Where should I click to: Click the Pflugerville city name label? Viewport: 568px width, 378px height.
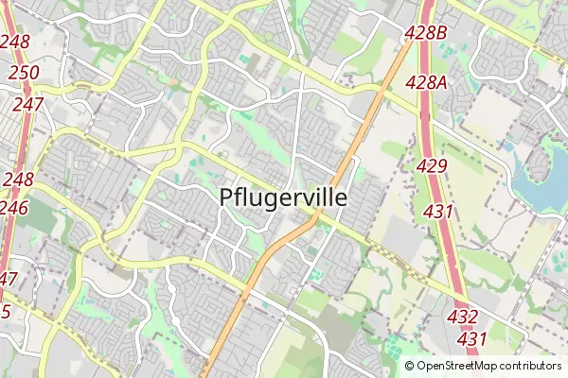(283, 198)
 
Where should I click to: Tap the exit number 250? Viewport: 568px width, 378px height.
(25, 73)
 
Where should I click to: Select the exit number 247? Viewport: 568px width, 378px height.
(27, 104)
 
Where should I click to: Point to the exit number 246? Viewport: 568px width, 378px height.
(15, 207)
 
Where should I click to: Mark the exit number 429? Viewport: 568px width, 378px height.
(431, 166)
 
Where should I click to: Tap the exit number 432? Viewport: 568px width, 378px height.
(462, 317)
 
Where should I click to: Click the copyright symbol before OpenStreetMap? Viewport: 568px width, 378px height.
(409, 366)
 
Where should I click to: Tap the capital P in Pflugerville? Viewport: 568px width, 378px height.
(227, 198)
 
